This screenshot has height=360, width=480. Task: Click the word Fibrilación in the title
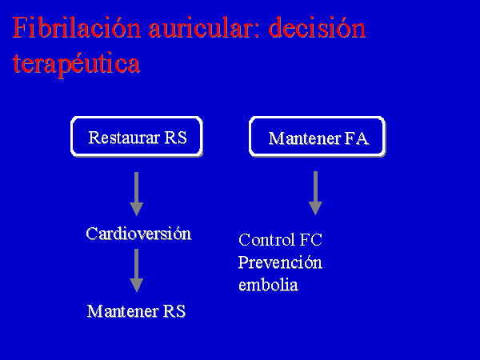tap(77, 27)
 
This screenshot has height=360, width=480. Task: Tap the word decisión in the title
tap(317, 27)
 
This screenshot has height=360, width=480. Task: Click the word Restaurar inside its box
tap(124, 138)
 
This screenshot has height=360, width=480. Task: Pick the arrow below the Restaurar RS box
tap(137, 194)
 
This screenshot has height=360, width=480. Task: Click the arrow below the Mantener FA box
tap(315, 193)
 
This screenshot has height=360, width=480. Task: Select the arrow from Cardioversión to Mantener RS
tap(137, 270)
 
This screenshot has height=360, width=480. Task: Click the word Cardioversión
tap(138, 234)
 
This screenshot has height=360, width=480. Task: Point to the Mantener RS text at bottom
tap(137, 311)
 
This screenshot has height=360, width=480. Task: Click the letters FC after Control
tap(311, 239)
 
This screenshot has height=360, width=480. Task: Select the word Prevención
tap(280, 262)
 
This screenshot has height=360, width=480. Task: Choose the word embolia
tap(268, 285)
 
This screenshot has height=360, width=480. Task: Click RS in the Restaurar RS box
tap(176, 138)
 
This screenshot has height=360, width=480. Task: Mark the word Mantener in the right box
tap(305, 138)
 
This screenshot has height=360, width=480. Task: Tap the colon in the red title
tap(257, 30)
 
